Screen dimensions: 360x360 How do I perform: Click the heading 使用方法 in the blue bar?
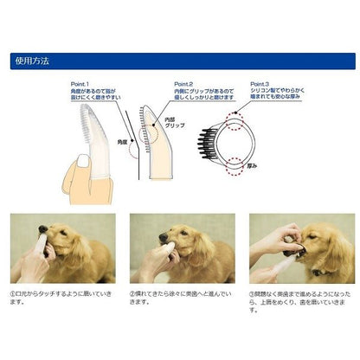(34, 61)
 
